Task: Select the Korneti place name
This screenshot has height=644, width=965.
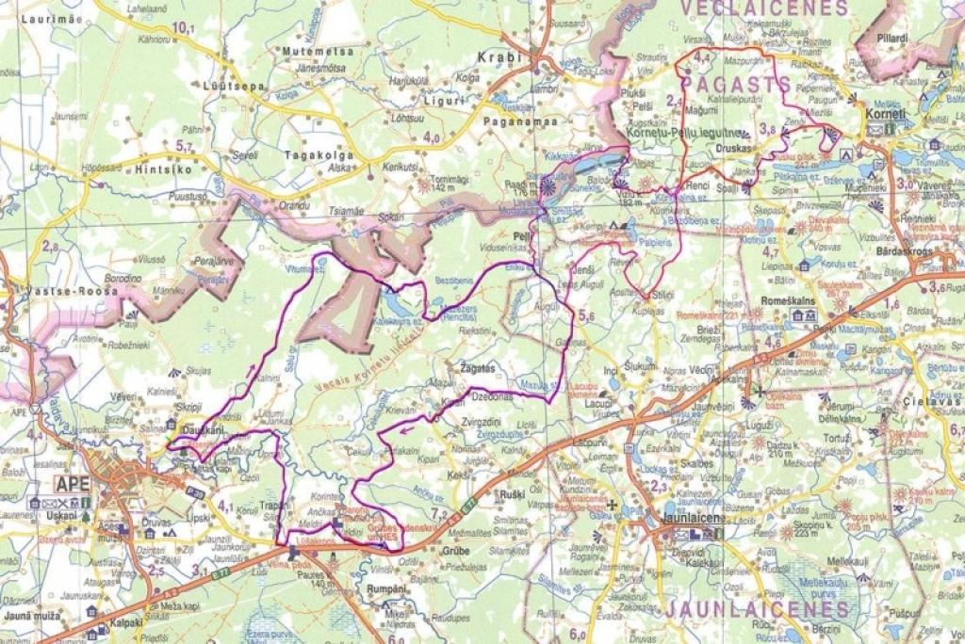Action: (886, 114)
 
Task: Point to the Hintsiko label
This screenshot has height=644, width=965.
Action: (162, 170)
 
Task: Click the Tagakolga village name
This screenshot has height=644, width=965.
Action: (319, 154)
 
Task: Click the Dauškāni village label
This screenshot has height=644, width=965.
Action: (201, 430)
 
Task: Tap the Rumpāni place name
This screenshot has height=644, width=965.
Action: (385, 588)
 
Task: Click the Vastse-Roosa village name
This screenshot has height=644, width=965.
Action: (62, 292)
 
